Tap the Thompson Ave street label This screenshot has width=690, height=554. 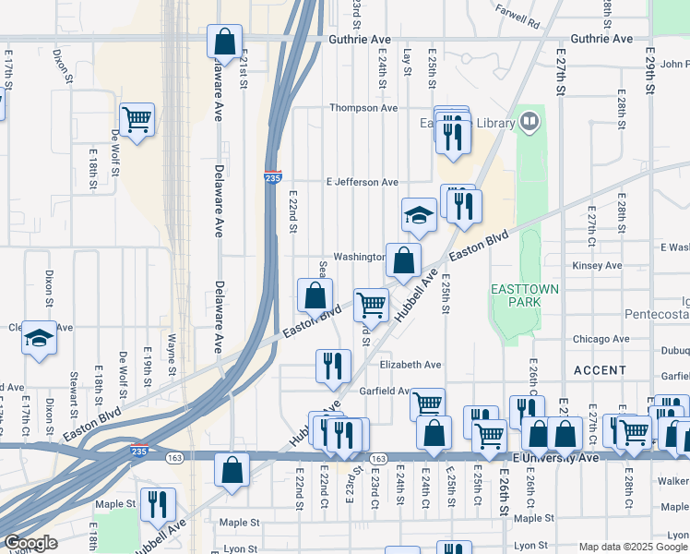[x=364, y=108]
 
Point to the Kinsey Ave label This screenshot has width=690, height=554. [x=597, y=266]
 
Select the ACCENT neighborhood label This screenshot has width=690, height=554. [x=600, y=369]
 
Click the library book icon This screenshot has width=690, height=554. [x=529, y=122]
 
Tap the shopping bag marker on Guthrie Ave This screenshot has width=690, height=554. [x=224, y=42]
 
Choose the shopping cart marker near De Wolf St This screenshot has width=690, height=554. [x=137, y=119]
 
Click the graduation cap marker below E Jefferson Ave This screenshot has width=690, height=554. [x=419, y=216]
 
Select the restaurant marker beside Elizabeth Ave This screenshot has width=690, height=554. [x=332, y=366]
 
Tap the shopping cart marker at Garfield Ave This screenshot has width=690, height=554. [x=427, y=403]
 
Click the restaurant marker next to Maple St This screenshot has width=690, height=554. [x=158, y=503]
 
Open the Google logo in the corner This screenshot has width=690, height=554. [x=30, y=543]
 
